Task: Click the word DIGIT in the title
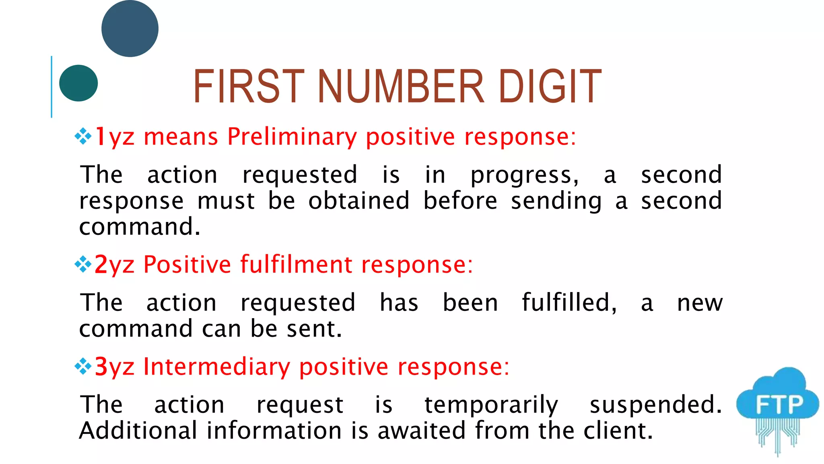[550, 86]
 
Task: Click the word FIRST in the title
[249, 86]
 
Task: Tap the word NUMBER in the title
[401, 86]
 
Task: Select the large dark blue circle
[130, 29]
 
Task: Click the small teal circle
[78, 83]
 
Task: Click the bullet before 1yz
[83, 136]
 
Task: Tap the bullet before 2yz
[83, 264]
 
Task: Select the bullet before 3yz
[83, 367]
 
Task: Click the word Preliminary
[292, 137]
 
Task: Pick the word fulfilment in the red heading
[296, 265]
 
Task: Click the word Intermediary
[216, 367]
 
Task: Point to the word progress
[524, 176]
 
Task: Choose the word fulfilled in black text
[569, 302]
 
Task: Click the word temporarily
[491, 405]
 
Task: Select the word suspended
[655, 405]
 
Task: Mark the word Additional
[138, 431]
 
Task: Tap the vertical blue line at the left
[51, 87]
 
